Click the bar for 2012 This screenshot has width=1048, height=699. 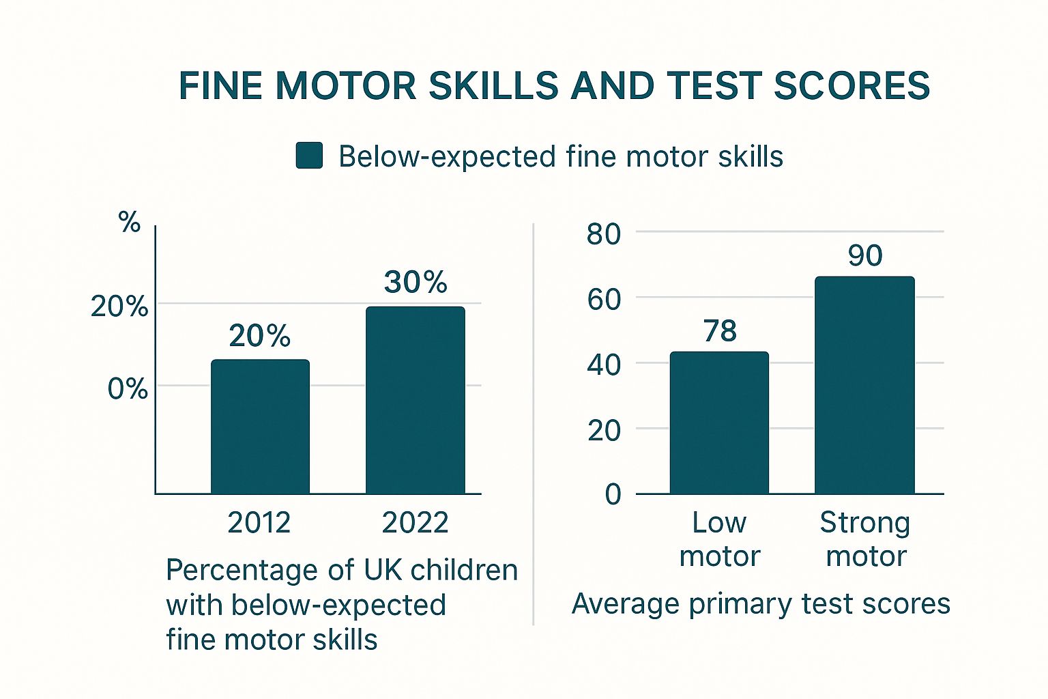click(260, 426)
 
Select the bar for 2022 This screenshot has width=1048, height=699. click(416, 400)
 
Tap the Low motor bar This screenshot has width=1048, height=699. click(719, 423)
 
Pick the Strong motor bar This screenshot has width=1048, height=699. click(864, 385)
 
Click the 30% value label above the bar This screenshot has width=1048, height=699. click(416, 282)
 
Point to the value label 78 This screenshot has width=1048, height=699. click(720, 331)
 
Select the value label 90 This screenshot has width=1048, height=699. click(865, 256)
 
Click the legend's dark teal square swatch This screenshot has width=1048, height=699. click(309, 156)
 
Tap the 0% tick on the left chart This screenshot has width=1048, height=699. click(128, 389)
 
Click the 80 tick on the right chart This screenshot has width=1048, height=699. click(604, 234)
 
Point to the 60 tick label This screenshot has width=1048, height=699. click(604, 299)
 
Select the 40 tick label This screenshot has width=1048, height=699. click(604, 365)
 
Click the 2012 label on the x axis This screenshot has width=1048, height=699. click(259, 523)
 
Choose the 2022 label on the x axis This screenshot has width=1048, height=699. click(415, 523)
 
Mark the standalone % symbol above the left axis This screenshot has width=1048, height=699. click(129, 222)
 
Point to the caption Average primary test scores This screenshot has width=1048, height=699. click(761, 604)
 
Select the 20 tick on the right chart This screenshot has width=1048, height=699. click(604, 430)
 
